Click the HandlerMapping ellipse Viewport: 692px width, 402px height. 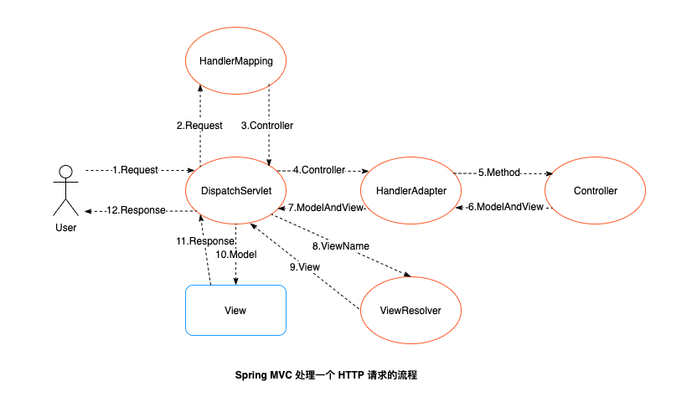[x=235, y=61]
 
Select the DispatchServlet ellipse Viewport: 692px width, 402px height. [x=235, y=191]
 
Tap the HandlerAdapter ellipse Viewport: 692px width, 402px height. [x=411, y=191]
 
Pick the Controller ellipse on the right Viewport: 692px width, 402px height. [x=596, y=191]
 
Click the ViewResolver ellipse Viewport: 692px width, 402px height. [x=411, y=310]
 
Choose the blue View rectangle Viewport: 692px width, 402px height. [x=235, y=311]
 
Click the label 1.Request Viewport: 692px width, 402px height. [x=135, y=170]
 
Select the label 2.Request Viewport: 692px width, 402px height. [x=199, y=126]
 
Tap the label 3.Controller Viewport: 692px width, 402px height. [x=267, y=126]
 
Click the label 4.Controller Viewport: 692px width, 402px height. [x=318, y=170]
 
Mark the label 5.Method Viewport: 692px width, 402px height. [x=499, y=173]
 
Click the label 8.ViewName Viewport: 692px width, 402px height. [x=341, y=246]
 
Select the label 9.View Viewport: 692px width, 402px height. [x=305, y=266]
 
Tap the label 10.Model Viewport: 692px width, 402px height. [x=236, y=255]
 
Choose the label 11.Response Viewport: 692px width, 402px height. [x=204, y=240]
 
